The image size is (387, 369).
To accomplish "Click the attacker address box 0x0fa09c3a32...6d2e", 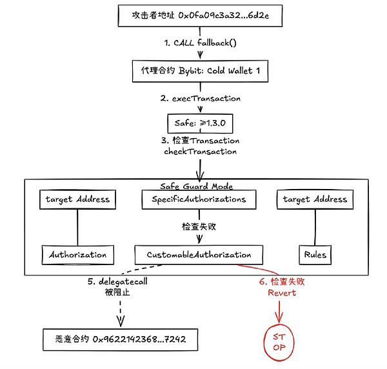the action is pos(200,15).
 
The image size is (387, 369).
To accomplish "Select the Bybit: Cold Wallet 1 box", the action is pos(200,71).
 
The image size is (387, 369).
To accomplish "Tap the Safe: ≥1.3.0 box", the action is pos(200,123).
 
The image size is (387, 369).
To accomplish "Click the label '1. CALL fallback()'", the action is pos(200,43).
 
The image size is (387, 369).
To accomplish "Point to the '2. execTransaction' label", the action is pos(200,99).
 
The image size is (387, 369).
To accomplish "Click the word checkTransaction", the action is pos(200,152).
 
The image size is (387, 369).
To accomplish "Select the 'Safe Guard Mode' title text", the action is pos(197,186).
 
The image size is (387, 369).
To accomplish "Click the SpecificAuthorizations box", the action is pos(199,199).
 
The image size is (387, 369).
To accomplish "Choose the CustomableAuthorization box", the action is pos(199,255).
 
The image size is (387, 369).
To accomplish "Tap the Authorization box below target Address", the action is pos(78,255).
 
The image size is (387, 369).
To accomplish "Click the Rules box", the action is pos(315,255).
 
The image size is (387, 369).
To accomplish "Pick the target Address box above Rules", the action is pos(315,199).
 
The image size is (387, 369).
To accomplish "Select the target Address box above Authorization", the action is pos(78,199).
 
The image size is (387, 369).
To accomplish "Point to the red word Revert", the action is pos(282,293).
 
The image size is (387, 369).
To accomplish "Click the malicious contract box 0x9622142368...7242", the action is pos(121,339).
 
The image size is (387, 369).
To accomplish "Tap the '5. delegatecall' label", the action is pos(117,282).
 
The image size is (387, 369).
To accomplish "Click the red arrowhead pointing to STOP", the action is pos(279,318).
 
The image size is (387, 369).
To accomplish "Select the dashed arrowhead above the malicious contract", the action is pos(121,321).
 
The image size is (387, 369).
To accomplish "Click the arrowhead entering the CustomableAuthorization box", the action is pos(199,239).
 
